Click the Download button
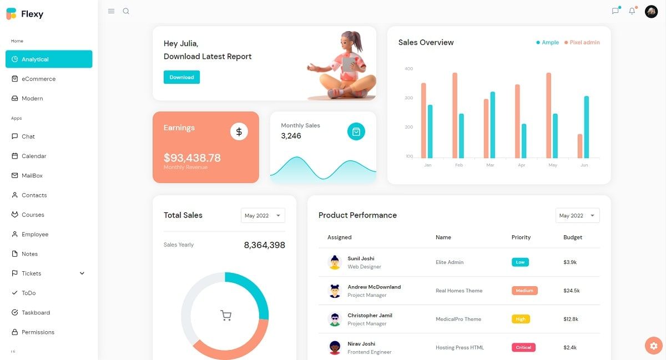pos(181,77)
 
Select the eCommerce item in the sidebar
pos(38,79)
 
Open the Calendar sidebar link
pos(34,156)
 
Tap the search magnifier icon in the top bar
pos(126,11)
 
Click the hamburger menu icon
pos(111,11)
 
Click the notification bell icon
pos(632,11)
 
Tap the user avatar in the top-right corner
pos(651,11)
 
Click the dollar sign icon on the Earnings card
pos(239,131)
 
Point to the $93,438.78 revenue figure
pos(192,158)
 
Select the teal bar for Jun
pos(586,127)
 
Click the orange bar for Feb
pos(455,115)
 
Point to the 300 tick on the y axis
pos(409,98)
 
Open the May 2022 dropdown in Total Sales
pos(263,216)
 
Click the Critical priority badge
pos(523,348)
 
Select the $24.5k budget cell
pos(571,291)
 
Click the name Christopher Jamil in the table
pos(370,316)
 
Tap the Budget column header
pos(573,237)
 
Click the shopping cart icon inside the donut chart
pos(226,316)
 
